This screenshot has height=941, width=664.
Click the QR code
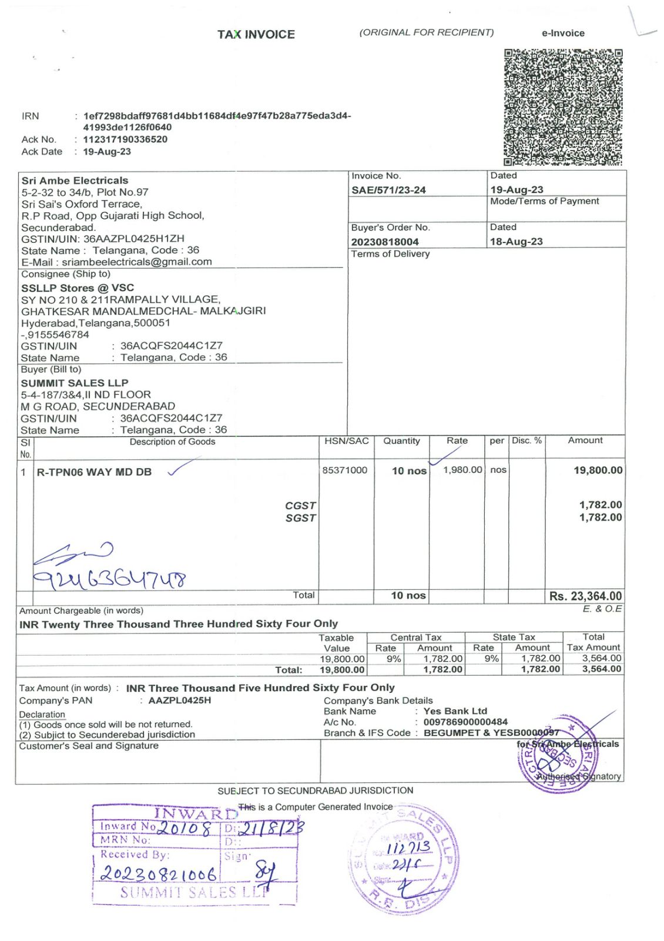click(562, 107)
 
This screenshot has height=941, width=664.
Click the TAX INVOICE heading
click(256, 35)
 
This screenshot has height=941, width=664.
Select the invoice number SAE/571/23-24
click(388, 190)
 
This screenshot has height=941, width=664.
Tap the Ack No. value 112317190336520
click(125, 139)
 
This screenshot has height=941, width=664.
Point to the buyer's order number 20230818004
click(385, 242)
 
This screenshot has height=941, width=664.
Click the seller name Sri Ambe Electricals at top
click(75, 181)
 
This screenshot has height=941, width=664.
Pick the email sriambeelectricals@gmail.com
click(137, 262)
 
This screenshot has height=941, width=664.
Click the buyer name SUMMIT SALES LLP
click(75, 383)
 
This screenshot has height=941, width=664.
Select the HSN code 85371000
click(344, 470)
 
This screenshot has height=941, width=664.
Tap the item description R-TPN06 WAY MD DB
click(94, 472)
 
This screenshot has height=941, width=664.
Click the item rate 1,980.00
click(462, 470)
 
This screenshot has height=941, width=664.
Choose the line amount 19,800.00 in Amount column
click(598, 470)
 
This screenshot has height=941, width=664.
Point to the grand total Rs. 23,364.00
click(585, 596)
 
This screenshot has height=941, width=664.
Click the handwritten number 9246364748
click(110, 580)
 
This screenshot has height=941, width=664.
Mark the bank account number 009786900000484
click(465, 722)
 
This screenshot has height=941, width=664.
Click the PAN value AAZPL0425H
click(179, 700)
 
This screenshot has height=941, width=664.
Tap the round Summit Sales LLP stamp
click(404, 860)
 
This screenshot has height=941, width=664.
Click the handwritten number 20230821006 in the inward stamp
click(159, 873)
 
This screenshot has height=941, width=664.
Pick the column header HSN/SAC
click(346, 441)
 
